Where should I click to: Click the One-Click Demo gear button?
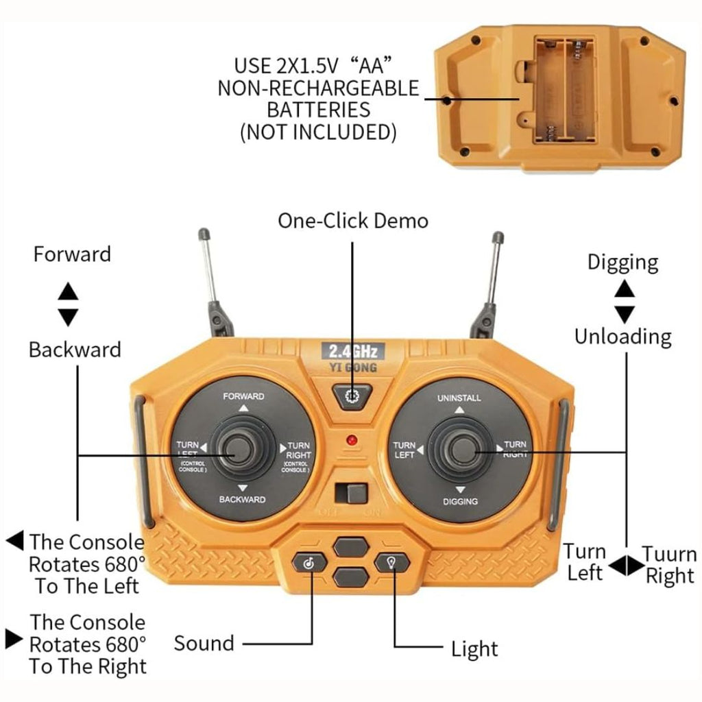352,396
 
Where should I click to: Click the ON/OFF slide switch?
351,494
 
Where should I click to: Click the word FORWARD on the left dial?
243,396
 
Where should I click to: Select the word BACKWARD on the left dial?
242,499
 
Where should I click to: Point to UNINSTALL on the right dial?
459,398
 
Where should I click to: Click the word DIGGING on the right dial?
460,501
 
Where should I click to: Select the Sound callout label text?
204,643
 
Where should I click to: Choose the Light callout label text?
474,649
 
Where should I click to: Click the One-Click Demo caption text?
352,221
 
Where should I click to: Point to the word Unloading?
622,337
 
